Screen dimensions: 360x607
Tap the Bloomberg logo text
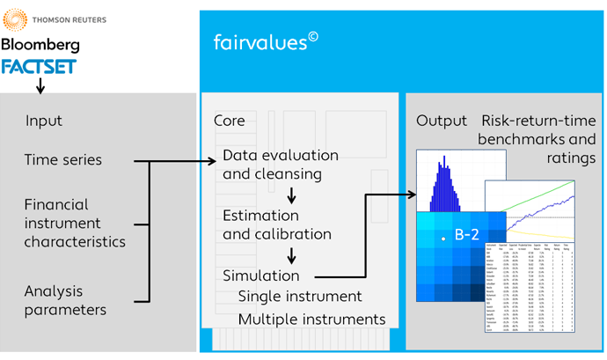(x=40, y=44)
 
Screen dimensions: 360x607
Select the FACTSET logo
(x=39, y=66)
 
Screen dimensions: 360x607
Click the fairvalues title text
(x=262, y=41)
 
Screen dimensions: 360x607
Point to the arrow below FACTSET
(x=39, y=85)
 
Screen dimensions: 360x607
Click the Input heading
(x=44, y=121)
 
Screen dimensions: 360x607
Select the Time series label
(x=63, y=160)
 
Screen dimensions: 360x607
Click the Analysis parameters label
(x=66, y=299)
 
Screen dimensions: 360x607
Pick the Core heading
(x=231, y=121)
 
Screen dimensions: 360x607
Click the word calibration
(x=292, y=234)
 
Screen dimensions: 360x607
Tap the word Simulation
(x=261, y=276)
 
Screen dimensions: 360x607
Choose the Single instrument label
(x=300, y=297)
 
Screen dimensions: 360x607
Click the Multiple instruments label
(x=311, y=318)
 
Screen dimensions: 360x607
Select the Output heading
(x=441, y=121)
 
